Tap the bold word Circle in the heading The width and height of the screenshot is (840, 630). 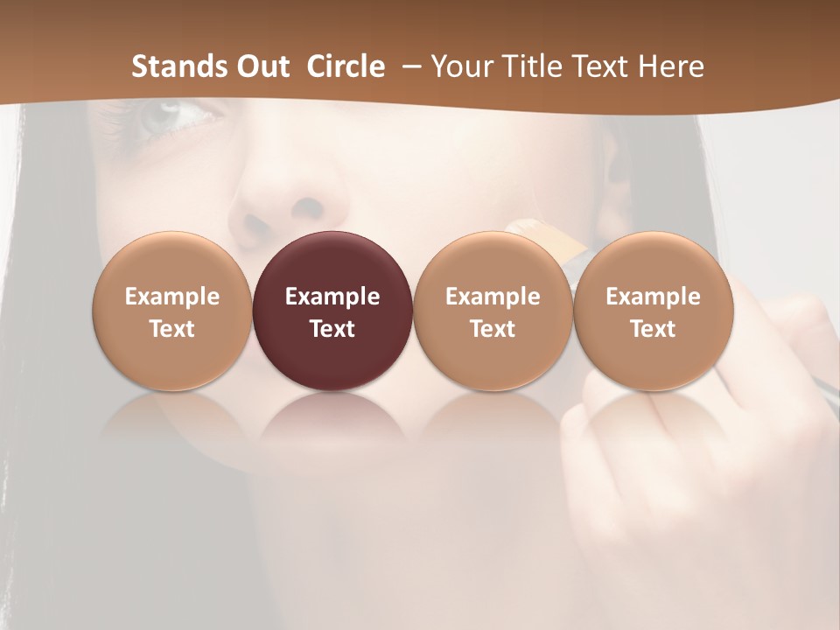coord(346,66)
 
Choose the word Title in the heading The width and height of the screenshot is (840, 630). coord(535,66)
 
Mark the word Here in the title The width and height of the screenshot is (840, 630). coord(674,66)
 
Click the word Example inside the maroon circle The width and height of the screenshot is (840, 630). coord(332,297)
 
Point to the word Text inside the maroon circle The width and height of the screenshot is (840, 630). coord(332,329)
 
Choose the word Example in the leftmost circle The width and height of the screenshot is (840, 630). coord(171,297)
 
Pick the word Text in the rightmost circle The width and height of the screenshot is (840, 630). coord(653,329)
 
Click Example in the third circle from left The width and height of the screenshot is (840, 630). coord(493,297)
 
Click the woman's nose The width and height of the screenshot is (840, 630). coord(289,197)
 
